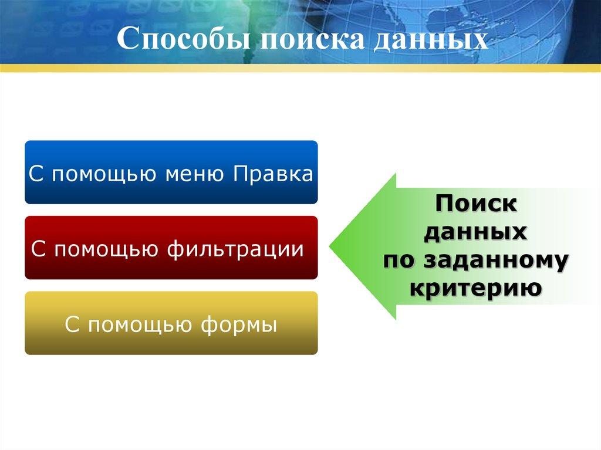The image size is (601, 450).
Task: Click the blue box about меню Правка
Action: pyautogui.click(x=171, y=172)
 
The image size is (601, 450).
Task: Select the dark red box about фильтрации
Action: pyautogui.click(x=171, y=248)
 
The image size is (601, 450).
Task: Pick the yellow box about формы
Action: pyautogui.click(x=171, y=323)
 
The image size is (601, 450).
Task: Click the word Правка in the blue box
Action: pyautogui.click(x=272, y=175)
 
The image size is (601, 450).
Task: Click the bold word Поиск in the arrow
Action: pyautogui.click(x=476, y=205)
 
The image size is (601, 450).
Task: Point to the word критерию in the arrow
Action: pyautogui.click(x=476, y=287)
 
